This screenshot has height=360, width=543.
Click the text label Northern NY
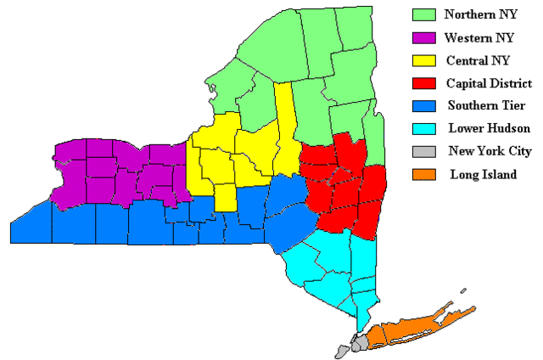tap(479, 15)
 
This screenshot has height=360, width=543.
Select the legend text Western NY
tap(479, 38)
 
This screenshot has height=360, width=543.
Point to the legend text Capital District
tap(489, 84)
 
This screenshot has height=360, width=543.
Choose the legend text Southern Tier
tap(483, 107)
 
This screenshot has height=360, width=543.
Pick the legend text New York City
tap(490, 152)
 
